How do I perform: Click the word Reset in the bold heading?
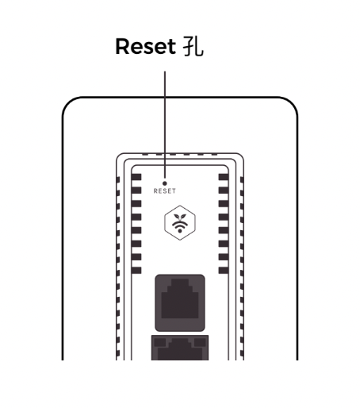point(145,46)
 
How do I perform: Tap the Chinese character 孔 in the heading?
point(193,46)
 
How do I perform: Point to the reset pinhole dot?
point(165,183)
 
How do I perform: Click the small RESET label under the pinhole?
point(164,191)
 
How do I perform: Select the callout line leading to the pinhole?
point(165,125)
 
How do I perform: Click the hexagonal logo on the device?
point(180,222)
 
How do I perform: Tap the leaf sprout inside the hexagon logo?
point(180,217)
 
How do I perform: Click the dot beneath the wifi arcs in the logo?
point(180,231)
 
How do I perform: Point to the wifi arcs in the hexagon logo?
point(180,225)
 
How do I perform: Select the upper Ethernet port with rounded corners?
point(180,302)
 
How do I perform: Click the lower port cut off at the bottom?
point(180,348)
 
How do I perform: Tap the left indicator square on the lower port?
point(160,342)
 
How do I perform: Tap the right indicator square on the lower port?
point(200,342)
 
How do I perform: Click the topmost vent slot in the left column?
point(136,177)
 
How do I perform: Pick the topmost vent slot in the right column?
point(224,177)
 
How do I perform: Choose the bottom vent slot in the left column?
point(136,270)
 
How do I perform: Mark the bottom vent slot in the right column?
point(224,270)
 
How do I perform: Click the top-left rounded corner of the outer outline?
point(67,102)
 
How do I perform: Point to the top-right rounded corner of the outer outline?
point(293,102)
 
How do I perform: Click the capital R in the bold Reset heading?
point(122,47)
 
